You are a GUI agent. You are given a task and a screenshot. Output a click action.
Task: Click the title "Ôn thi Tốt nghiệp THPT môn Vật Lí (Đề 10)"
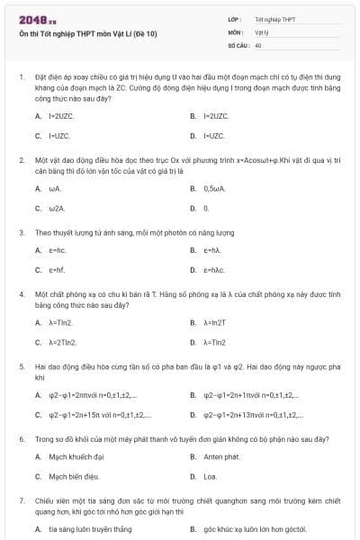click(87, 34)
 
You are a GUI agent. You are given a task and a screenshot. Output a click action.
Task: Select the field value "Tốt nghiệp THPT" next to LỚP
click(275, 19)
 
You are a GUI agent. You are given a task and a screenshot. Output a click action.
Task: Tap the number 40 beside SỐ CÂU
click(258, 44)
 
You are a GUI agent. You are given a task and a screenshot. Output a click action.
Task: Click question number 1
click(21, 78)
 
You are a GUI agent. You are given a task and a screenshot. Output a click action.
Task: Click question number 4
click(21, 294)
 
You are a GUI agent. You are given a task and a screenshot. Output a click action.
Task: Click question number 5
click(21, 367)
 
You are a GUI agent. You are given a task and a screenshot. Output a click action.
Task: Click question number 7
click(21, 500)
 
